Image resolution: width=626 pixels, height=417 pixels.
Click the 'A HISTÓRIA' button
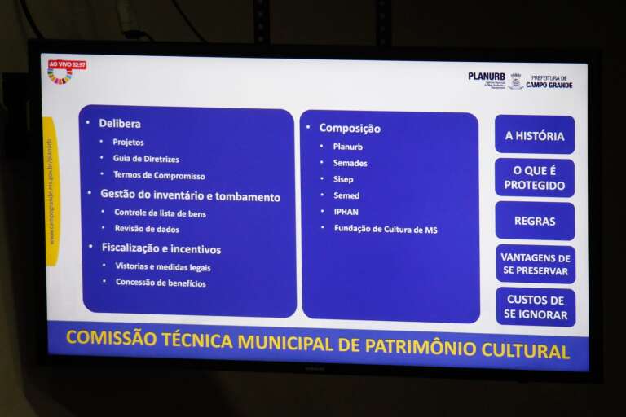[534, 136]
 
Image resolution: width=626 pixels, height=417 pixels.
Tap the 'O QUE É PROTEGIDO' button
[534, 178]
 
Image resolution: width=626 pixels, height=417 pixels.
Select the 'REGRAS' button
[535, 221]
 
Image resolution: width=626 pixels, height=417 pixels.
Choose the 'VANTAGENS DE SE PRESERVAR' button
[536, 264]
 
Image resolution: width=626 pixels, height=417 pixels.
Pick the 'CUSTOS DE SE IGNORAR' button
[536, 307]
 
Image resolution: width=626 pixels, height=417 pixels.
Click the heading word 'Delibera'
[120, 124]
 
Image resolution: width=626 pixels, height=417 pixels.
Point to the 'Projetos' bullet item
[129, 143]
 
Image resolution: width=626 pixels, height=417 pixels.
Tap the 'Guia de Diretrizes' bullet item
[146, 159]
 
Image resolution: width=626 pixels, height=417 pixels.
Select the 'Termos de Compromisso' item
[159, 176]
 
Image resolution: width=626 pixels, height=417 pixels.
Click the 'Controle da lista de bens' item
[160, 213]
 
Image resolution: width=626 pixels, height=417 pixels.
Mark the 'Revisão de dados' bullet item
[148, 230]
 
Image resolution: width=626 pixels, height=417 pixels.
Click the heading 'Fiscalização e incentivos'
[161, 248]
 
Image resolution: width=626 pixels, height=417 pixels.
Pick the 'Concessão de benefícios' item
[161, 283]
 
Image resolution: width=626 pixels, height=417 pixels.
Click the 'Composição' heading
[349, 128]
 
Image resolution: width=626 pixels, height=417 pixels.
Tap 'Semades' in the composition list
[350, 163]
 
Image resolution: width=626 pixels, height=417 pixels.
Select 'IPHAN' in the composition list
[346, 212]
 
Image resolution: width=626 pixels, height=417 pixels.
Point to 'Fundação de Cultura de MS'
[385, 230]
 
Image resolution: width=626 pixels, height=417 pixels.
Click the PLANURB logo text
[486, 77]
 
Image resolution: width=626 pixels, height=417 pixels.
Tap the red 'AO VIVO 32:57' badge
[67, 64]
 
